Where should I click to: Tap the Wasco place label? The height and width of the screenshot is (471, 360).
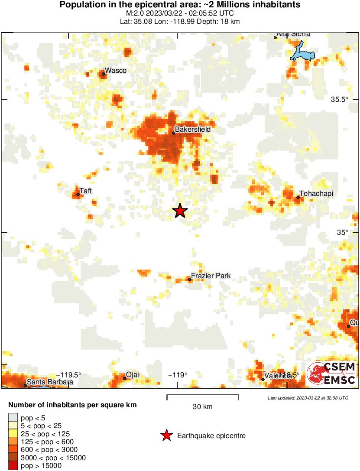116,71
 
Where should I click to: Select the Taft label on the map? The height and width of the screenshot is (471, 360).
86,191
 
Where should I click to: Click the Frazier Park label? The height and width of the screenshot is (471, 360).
211,276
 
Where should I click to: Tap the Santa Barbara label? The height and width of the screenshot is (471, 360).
50,383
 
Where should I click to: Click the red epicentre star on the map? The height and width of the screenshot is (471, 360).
180,211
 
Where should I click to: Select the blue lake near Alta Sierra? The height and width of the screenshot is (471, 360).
302,52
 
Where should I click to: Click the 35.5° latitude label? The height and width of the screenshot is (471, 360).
340,99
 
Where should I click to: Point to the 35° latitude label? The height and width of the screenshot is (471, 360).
343,232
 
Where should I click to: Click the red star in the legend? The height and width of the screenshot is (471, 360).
166,436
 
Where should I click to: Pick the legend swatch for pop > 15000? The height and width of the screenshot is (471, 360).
13,466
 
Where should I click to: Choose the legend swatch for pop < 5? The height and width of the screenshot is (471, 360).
13,418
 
